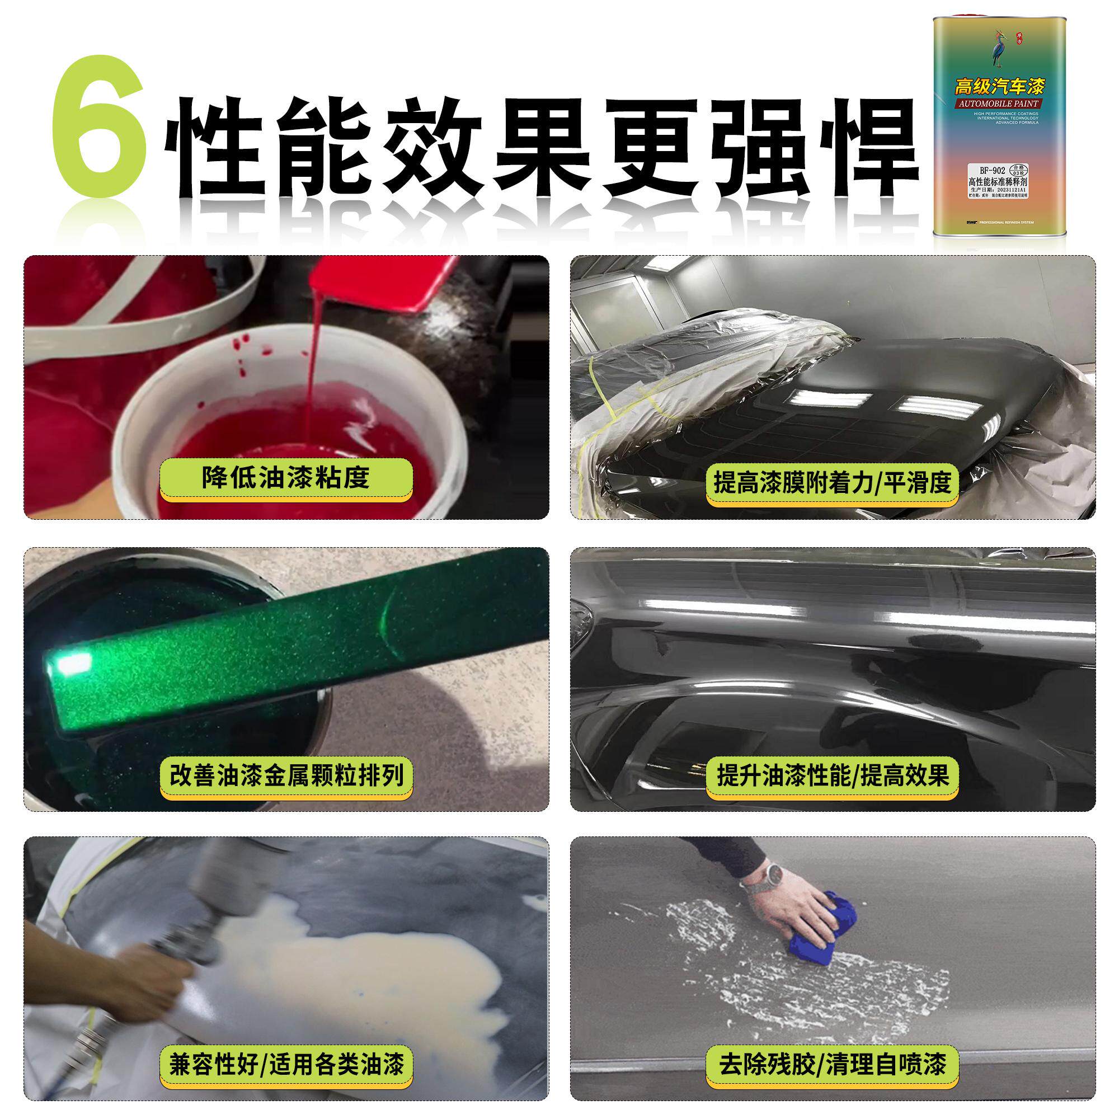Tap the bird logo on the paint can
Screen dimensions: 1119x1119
998,49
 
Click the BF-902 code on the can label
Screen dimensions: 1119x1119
992,170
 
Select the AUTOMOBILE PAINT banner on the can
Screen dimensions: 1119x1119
999,104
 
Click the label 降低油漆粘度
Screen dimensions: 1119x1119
285,478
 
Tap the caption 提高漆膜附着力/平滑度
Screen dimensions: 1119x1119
833,482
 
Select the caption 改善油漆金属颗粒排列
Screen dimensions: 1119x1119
286,775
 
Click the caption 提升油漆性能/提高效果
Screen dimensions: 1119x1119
833,775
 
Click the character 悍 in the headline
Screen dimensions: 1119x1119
867,148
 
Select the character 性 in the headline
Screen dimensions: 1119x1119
214,148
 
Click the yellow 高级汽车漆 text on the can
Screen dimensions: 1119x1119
999,87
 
